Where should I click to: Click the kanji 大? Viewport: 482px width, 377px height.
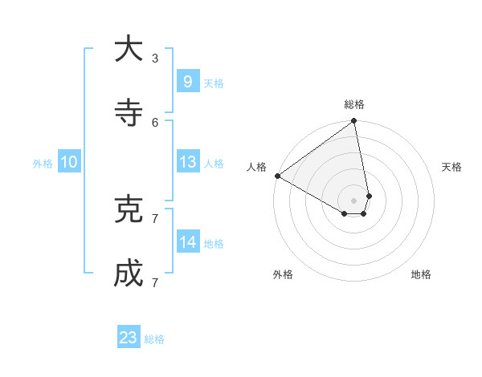point(129,50)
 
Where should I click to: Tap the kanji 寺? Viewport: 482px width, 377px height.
point(129,113)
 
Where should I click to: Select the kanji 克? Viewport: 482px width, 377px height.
point(129,210)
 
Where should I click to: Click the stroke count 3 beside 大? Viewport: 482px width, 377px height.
point(155,58)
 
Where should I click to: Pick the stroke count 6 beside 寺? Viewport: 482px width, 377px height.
point(155,122)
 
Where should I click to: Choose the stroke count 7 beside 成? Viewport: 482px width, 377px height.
point(155,282)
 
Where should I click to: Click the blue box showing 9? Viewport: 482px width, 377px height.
point(187,82)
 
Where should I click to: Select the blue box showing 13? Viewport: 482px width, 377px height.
point(187,162)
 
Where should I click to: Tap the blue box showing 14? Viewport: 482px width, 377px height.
point(187,242)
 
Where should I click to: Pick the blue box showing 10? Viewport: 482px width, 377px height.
point(69,162)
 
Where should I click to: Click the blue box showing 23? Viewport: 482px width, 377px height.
point(129,338)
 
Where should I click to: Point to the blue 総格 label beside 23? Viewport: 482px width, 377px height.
point(154,339)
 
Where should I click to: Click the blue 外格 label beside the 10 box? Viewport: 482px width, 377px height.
point(43,164)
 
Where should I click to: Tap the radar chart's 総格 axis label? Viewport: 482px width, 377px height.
point(354,104)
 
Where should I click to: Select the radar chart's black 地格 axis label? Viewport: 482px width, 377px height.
point(421,274)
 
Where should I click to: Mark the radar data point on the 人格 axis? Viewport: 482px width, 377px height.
point(277,176)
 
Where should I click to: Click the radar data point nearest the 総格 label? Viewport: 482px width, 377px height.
point(354,122)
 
